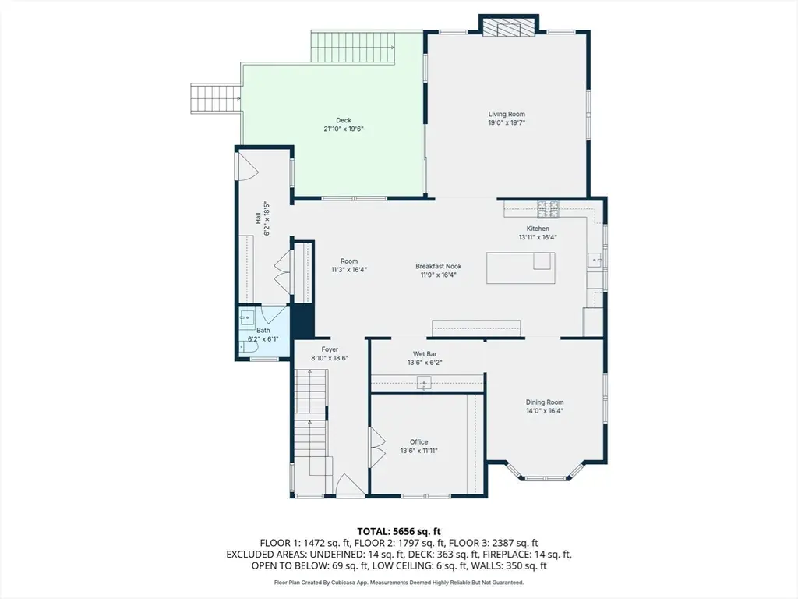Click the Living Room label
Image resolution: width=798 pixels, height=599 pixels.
(x=507, y=114)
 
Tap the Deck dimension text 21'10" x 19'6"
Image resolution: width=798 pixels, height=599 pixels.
(x=344, y=129)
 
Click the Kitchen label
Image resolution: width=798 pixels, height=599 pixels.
(x=538, y=229)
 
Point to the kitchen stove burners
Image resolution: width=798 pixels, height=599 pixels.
(x=548, y=209)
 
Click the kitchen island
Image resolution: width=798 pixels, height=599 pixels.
(x=521, y=268)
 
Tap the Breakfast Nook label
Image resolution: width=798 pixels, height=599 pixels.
(x=438, y=267)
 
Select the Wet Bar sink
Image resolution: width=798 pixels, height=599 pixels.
(x=424, y=382)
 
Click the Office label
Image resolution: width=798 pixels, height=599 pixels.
(x=418, y=442)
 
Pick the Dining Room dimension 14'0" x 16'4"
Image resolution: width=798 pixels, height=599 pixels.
(x=545, y=410)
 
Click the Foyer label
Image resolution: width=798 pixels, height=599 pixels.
(x=330, y=349)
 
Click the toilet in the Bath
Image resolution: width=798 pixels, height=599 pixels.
(x=249, y=347)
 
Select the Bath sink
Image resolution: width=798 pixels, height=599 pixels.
(x=247, y=317)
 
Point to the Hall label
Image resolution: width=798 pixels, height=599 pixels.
(x=258, y=218)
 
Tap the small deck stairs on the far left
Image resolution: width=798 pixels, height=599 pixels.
(x=215, y=97)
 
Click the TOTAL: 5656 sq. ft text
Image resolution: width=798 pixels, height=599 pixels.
(x=399, y=532)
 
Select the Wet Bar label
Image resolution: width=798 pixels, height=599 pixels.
(x=425, y=354)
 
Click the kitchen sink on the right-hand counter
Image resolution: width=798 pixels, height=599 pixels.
(x=595, y=260)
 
